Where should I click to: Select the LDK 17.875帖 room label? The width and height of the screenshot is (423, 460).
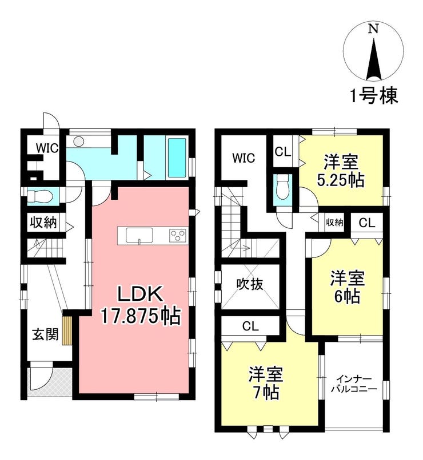[x=141, y=305]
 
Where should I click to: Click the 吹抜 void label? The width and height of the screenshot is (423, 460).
[x=250, y=284]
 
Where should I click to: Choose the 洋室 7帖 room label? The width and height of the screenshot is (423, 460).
[x=265, y=384]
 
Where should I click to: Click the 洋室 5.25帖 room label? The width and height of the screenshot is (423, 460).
[x=341, y=171]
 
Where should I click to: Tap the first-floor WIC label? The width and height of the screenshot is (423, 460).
[x=47, y=148]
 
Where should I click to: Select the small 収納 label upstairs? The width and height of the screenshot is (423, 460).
[x=334, y=223]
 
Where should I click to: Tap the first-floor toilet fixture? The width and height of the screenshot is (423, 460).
[x=41, y=196]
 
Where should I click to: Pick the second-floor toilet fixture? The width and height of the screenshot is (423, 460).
[x=282, y=188]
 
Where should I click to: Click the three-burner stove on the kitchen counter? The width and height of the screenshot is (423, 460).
[x=178, y=235]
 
